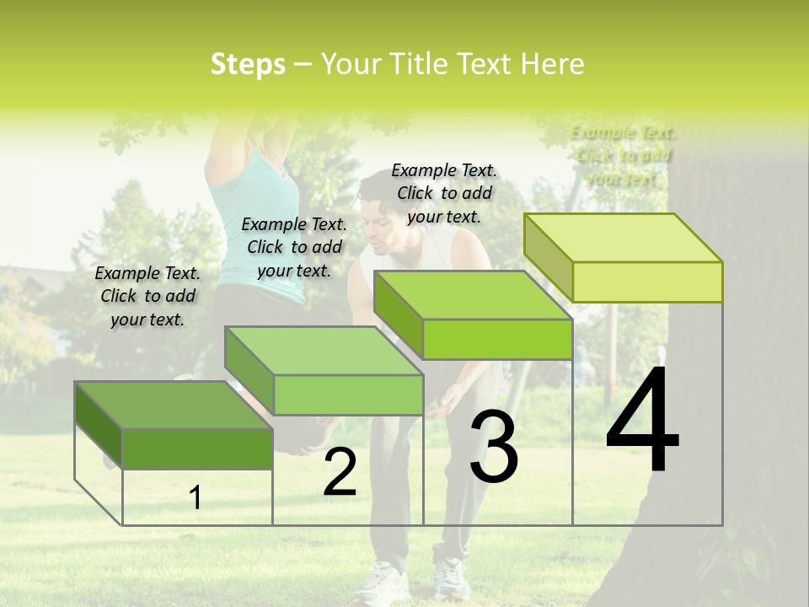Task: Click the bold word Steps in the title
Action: (248, 64)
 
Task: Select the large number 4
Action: (642, 421)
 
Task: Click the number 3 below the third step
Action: (494, 447)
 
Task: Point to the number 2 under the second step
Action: (340, 473)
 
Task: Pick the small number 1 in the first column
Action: (196, 497)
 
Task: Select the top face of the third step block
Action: (473, 295)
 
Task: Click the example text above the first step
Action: (147, 296)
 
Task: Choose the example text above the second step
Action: (294, 247)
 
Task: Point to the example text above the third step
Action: (444, 193)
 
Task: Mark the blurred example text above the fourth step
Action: (623, 155)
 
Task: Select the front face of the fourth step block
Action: (647, 282)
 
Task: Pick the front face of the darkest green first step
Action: (197, 449)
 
